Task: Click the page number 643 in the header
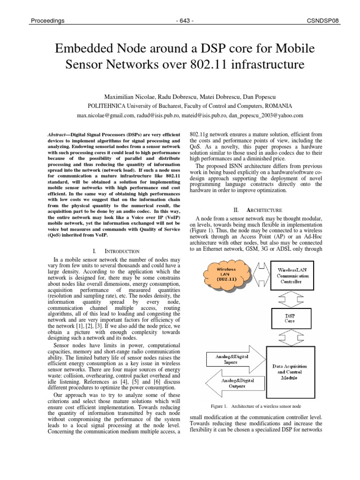180,21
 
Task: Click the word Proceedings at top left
47,21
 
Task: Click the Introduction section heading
121,251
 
